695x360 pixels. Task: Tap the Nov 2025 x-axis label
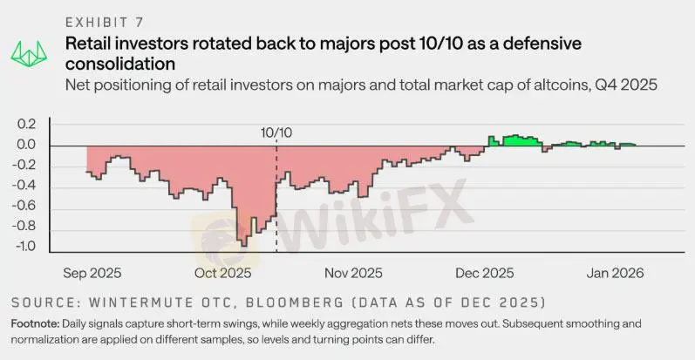pyautogui.click(x=354, y=273)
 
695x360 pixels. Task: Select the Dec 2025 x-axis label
pyautogui.click(x=485, y=273)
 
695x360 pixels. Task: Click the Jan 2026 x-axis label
pyautogui.click(x=615, y=273)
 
